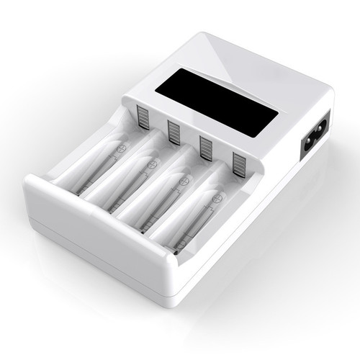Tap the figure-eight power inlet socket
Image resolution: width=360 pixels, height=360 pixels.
[x=317, y=135]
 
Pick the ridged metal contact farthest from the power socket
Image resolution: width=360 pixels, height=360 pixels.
[x=143, y=117]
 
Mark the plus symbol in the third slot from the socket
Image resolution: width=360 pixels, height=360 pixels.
[x=151, y=165]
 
